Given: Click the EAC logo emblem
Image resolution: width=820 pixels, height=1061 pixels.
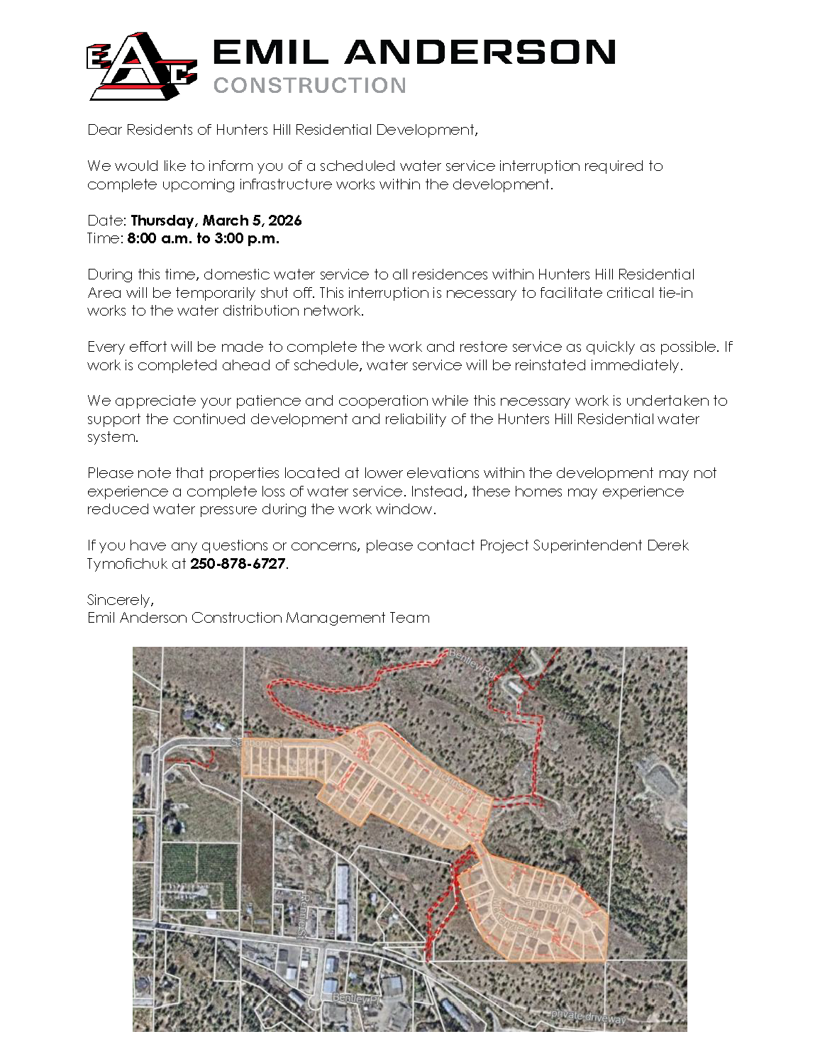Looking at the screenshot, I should [140, 67].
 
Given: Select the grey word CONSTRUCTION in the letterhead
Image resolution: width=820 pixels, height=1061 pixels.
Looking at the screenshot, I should [309, 86].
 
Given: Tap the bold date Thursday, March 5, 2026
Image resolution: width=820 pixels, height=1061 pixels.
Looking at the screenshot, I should [216, 221].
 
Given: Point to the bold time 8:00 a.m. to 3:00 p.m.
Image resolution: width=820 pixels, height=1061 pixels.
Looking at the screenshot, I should [203, 238].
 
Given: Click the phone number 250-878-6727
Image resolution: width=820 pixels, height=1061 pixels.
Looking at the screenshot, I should [238, 564].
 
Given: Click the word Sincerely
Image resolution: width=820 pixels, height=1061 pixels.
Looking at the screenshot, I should [120, 600].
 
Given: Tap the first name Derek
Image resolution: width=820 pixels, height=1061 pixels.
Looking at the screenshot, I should [667, 545].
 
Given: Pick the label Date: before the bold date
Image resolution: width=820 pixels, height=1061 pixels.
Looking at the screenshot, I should [106, 221].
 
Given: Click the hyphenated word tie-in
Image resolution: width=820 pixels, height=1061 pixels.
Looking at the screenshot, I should [675, 293].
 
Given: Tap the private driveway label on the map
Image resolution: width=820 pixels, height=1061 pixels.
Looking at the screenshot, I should [589, 1017].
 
